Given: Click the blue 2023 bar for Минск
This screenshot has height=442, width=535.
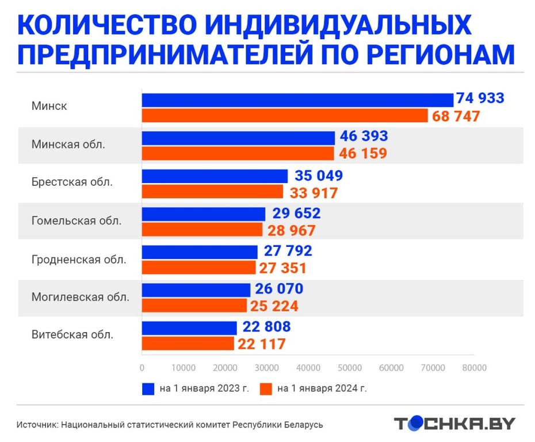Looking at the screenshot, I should tap(297, 100).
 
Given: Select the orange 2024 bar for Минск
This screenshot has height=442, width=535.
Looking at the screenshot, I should tap(285, 116).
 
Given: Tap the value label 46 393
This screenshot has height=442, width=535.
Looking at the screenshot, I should tap(364, 137).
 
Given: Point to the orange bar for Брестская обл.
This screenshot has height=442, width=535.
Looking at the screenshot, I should tap(212, 192).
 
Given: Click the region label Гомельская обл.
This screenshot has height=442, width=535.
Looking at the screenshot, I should tap(77, 220).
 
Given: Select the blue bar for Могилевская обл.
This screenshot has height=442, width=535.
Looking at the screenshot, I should tap(196, 289).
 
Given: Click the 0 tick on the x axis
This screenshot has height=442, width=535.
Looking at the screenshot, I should tap(142, 368).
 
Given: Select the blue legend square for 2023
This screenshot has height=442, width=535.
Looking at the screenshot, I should tap(148, 388).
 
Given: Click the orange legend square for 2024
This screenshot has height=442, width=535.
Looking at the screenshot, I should tap(265, 388).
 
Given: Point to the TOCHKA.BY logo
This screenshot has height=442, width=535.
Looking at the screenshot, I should tap(454, 424).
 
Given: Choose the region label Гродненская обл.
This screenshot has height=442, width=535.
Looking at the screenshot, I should tap(79, 259).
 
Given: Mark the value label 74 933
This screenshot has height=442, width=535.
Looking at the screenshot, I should tap(480, 98).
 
